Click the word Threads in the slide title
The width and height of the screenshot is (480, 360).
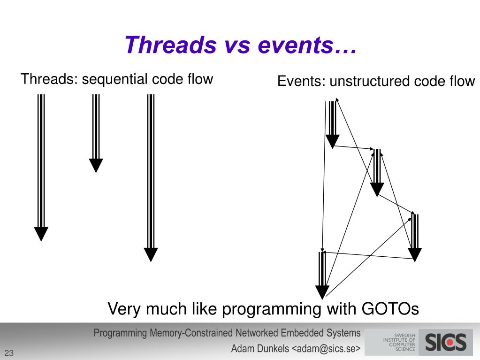pos(170,45)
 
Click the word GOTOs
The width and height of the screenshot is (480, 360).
pos(390,308)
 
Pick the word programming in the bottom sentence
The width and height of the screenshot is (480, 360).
pos(272,309)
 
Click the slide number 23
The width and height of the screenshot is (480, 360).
pos(9,353)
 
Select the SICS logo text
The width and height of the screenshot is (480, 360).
pos(446,342)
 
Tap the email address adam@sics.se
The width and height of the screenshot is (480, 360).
pos(326,348)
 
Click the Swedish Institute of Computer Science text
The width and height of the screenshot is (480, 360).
pos(399,342)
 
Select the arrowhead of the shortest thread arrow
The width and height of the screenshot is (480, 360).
pos(96,165)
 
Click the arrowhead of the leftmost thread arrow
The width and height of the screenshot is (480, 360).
pos(41,234)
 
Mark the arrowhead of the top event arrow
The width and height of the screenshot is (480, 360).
pos(332,141)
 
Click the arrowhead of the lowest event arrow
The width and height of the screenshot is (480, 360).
pos(322,292)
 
